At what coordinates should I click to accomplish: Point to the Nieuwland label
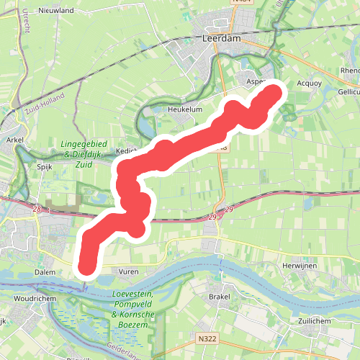click(56, 11)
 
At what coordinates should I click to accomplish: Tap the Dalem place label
click(45, 272)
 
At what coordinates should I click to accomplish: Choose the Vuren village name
click(128, 272)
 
